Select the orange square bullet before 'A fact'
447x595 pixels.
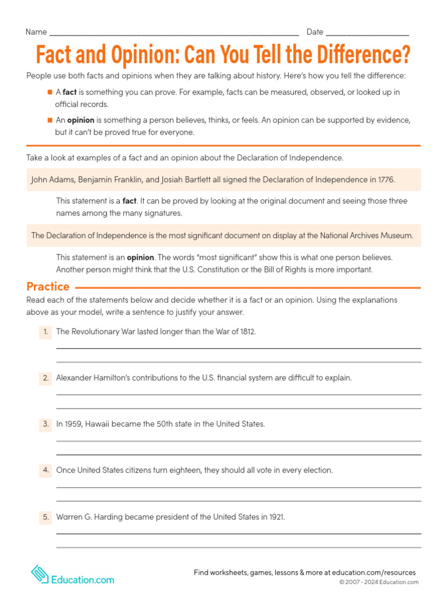(x=50, y=92)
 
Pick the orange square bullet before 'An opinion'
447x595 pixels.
(x=50, y=120)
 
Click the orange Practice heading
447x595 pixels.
(x=48, y=286)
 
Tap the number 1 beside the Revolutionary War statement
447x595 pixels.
(x=45, y=331)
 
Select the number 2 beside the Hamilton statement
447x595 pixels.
(x=45, y=378)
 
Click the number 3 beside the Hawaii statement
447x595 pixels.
(x=45, y=424)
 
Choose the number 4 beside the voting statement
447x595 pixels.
(x=45, y=470)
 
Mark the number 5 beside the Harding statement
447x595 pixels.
(x=45, y=517)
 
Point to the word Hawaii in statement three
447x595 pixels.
(x=98, y=424)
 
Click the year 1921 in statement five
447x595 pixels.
(x=276, y=517)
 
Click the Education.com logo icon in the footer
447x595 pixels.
(x=40, y=574)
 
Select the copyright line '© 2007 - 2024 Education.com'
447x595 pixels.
(x=379, y=582)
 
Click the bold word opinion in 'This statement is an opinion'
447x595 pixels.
(x=140, y=257)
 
